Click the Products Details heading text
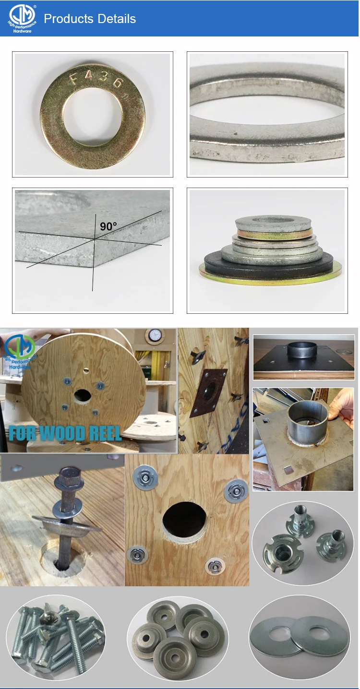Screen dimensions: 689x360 click(x=90, y=19)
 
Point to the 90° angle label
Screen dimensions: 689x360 click(x=108, y=226)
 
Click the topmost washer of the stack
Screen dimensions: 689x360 click(x=274, y=222)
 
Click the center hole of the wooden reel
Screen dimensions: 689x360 click(x=83, y=396)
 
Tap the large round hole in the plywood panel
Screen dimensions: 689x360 click(x=184, y=520)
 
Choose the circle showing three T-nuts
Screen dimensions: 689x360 click(x=302, y=542)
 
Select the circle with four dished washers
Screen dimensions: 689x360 click(x=178, y=636)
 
